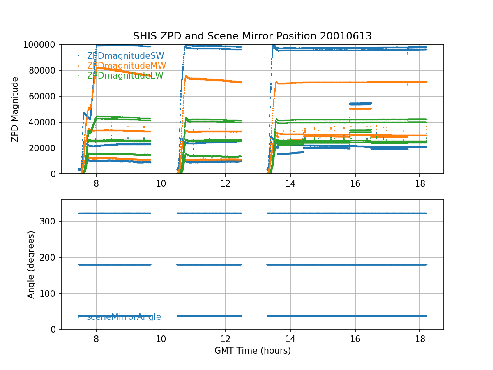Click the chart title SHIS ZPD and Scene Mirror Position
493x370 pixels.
coord(252,36)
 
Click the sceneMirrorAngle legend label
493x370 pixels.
coord(124,317)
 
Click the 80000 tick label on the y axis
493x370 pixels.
coord(46,70)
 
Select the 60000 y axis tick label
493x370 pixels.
coord(46,96)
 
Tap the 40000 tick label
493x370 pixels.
coord(46,122)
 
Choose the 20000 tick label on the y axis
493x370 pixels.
coord(46,148)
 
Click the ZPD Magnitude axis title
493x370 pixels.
coord(15,109)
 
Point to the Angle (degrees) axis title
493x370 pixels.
coord(31,264)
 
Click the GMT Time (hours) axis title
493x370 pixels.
coord(252,351)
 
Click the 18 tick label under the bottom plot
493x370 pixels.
coord(419,338)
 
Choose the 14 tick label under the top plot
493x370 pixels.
coord(290,183)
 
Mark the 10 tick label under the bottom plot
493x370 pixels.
coord(161,338)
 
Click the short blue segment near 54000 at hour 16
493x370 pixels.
coord(360,104)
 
